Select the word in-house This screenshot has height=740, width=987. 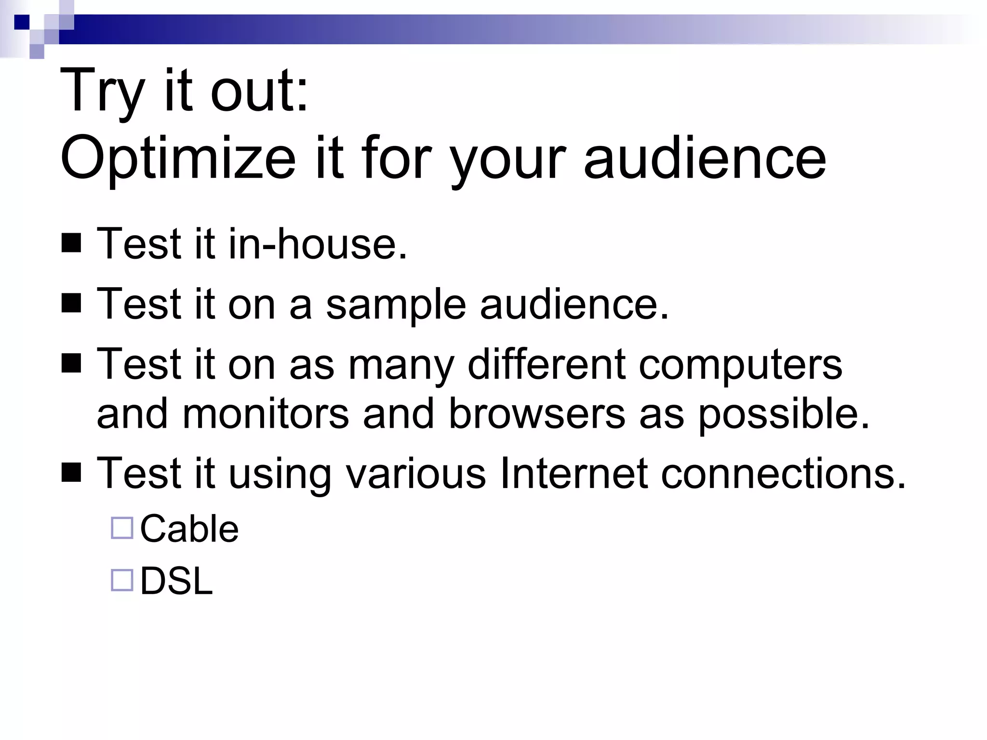click(x=318, y=244)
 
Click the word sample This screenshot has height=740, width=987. click(x=396, y=305)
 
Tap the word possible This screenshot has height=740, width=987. click(x=784, y=414)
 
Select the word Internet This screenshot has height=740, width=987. click(x=574, y=474)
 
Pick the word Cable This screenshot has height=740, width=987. click(x=189, y=529)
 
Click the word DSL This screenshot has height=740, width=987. click(x=176, y=581)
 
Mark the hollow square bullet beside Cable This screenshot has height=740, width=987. click(x=122, y=528)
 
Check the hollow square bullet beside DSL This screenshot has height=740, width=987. click(x=122, y=580)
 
